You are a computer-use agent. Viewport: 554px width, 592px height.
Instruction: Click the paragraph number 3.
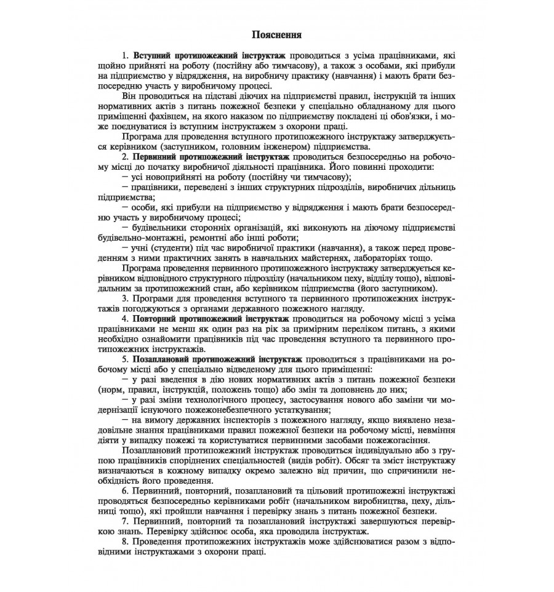(125, 298)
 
